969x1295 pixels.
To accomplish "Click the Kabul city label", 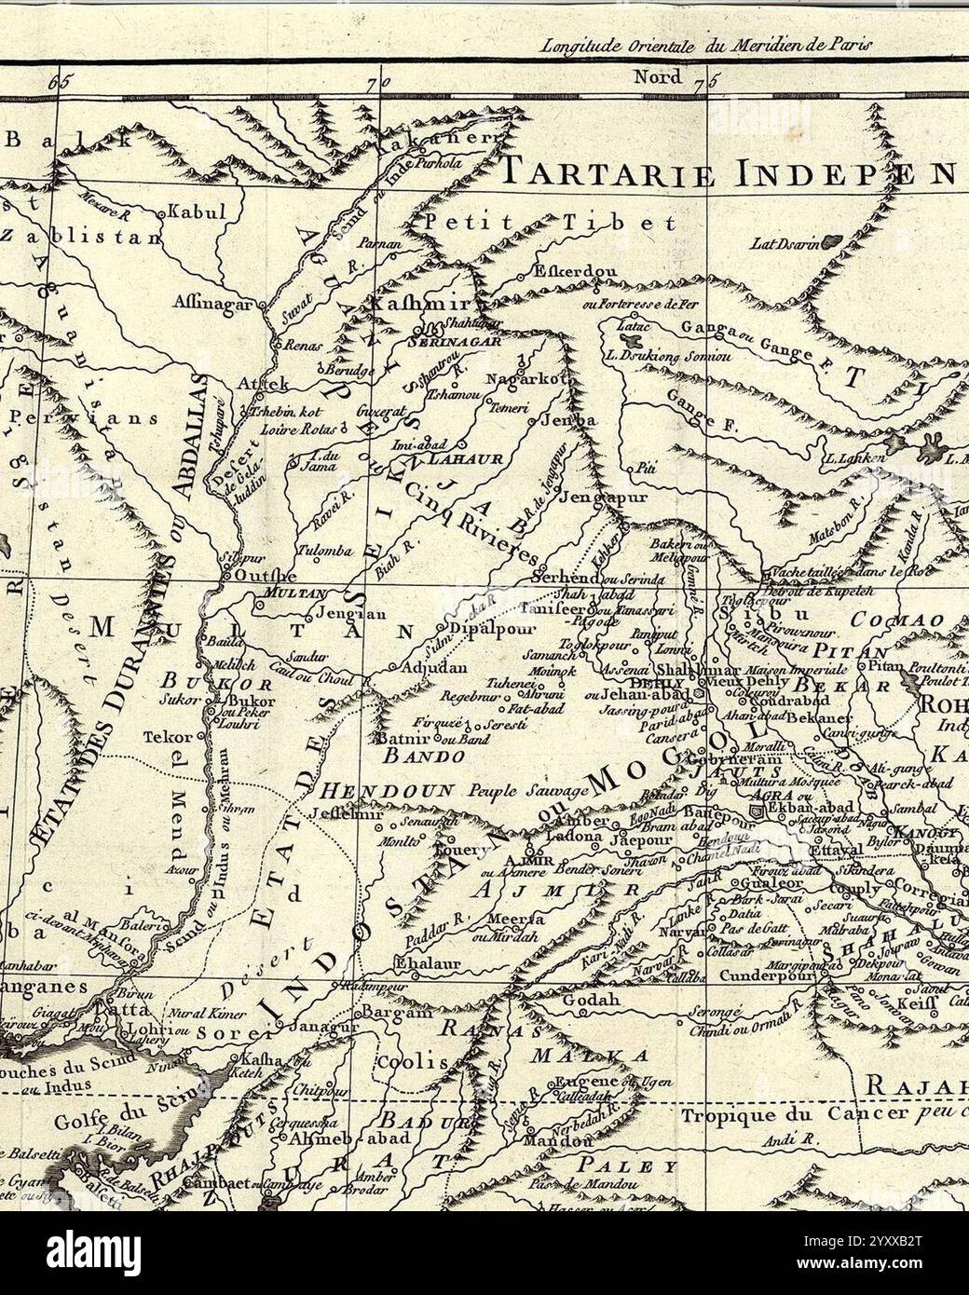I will (198, 211).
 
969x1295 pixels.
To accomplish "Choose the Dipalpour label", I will (483, 628).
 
